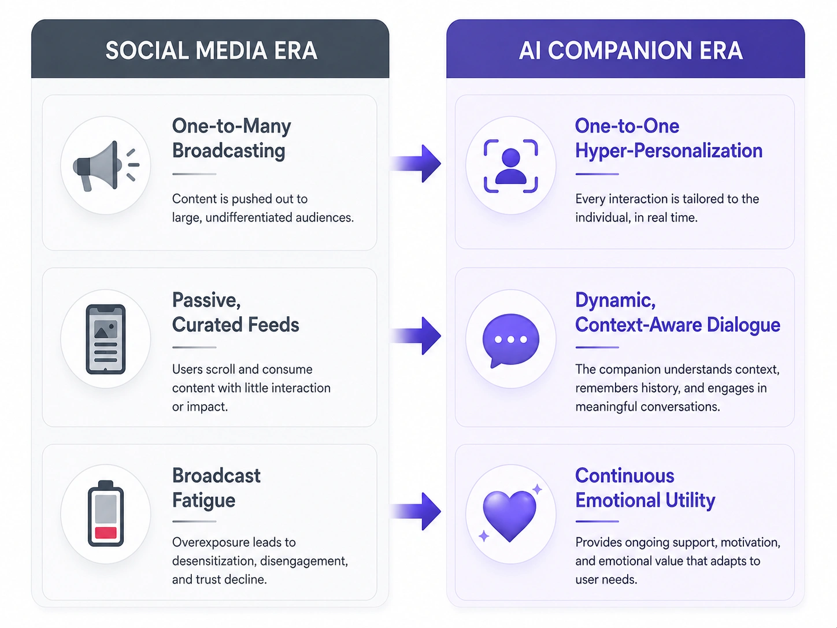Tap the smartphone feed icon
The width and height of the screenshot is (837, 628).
click(x=106, y=339)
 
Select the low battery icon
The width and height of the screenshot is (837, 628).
click(x=106, y=514)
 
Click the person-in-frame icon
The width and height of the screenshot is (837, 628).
click(x=510, y=166)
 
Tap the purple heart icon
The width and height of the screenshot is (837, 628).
click(x=510, y=514)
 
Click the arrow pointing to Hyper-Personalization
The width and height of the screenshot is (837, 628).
click(x=416, y=164)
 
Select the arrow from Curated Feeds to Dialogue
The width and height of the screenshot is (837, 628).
click(x=416, y=336)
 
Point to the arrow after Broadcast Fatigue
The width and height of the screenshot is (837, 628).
click(x=416, y=511)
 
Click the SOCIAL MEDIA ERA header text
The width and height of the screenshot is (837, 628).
click(x=211, y=50)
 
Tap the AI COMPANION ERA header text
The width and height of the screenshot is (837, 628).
click(x=631, y=50)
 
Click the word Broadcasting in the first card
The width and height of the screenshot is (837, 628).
click(x=228, y=150)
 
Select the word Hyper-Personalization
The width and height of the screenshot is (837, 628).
click(x=669, y=150)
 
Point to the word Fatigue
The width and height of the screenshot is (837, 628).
click(x=203, y=500)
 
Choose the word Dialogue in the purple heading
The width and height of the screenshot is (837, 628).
click(x=743, y=324)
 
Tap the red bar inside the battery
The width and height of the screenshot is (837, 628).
click(x=106, y=532)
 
